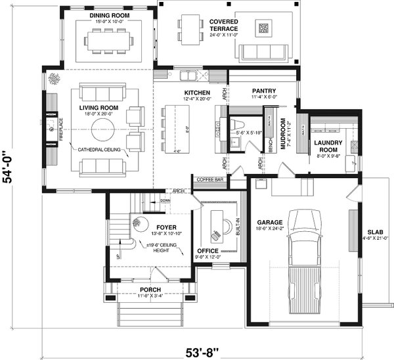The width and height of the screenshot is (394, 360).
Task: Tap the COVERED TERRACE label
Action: click(223, 26)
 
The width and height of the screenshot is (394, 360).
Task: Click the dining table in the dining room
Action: click(108, 39)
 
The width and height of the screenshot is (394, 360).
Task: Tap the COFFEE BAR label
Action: click(210, 179)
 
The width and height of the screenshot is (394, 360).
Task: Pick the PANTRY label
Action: click(263, 91)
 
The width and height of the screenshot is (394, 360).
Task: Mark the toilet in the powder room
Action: click(239, 124)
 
